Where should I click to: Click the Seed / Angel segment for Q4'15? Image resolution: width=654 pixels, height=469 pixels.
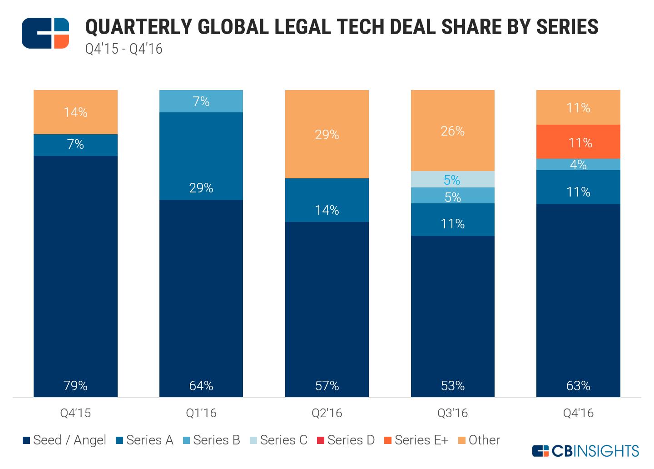click(75, 273)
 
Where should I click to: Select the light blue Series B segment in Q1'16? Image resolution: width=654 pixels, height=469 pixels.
click(201, 101)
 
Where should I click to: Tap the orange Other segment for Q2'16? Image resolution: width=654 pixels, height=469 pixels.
click(327, 134)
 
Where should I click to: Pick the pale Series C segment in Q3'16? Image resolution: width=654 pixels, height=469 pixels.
click(452, 179)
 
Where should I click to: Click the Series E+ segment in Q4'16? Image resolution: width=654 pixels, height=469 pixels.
click(578, 142)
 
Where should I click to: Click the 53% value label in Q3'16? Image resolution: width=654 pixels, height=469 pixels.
click(452, 386)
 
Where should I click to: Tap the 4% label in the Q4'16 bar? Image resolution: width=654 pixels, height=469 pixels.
click(578, 165)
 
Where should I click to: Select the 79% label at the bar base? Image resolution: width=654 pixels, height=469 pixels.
click(75, 386)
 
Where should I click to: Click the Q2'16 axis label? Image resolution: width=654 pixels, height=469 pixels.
click(327, 413)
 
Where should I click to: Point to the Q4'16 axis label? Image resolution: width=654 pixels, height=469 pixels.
click(578, 413)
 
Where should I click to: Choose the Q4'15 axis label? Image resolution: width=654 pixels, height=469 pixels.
click(75, 413)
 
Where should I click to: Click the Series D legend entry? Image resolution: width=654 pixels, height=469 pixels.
click(346, 440)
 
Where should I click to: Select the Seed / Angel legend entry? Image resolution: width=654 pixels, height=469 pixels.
click(64, 440)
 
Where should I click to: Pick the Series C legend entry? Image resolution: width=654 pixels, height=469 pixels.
click(279, 440)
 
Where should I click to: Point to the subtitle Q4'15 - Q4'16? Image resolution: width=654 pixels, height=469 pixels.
click(124, 49)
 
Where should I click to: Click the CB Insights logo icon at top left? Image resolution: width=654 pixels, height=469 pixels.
click(45, 33)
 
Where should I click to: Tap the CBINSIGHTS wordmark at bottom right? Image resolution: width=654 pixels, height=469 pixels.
click(586, 451)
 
